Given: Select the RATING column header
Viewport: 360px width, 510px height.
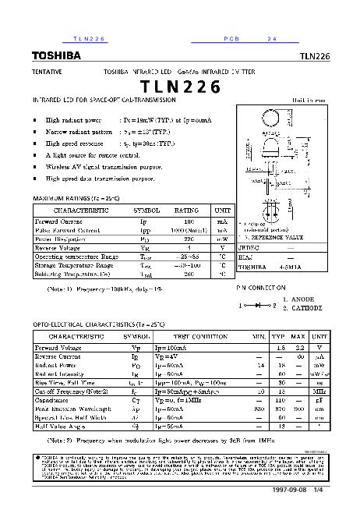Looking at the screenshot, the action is [x=186, y=211].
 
